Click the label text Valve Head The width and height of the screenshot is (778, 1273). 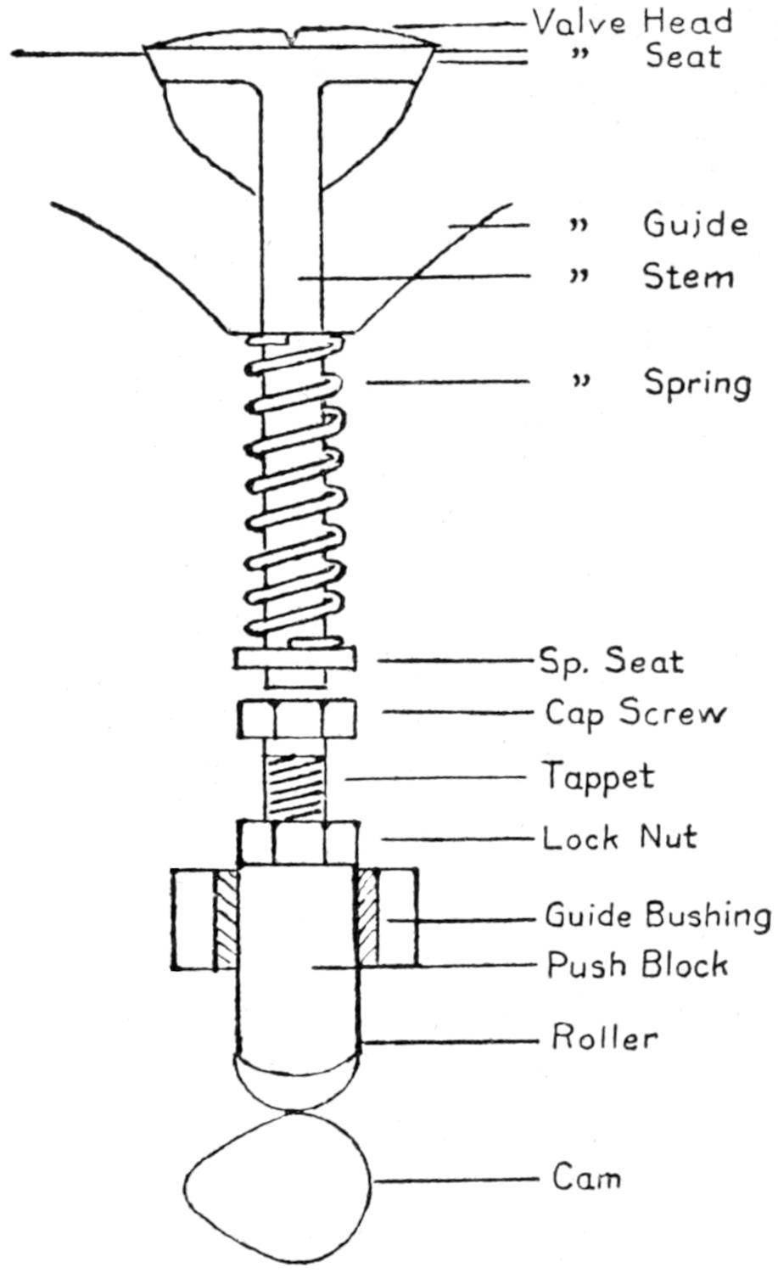click(x=632, y=20)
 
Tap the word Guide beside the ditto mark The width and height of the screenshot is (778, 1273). click(x=695, y=225)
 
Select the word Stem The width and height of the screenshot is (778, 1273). click(x=687, y=278)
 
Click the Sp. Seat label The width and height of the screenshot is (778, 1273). click(x=611, y=661)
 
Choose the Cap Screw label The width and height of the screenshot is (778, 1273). click(x=635, y=713)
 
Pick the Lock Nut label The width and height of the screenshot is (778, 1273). click(x=619, y=838)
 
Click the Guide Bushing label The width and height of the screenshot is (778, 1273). click(x=658, y=916)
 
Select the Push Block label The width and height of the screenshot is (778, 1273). click(x=637, y=965)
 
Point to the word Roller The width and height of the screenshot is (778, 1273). click(x=604, y=1038)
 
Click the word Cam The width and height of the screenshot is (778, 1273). click(x=586, y=1178)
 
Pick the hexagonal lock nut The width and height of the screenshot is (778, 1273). click(x=298, y=843)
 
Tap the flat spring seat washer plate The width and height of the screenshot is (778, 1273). click(x=293, y=659)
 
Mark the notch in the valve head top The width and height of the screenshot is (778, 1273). click(x=292, y=36)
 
